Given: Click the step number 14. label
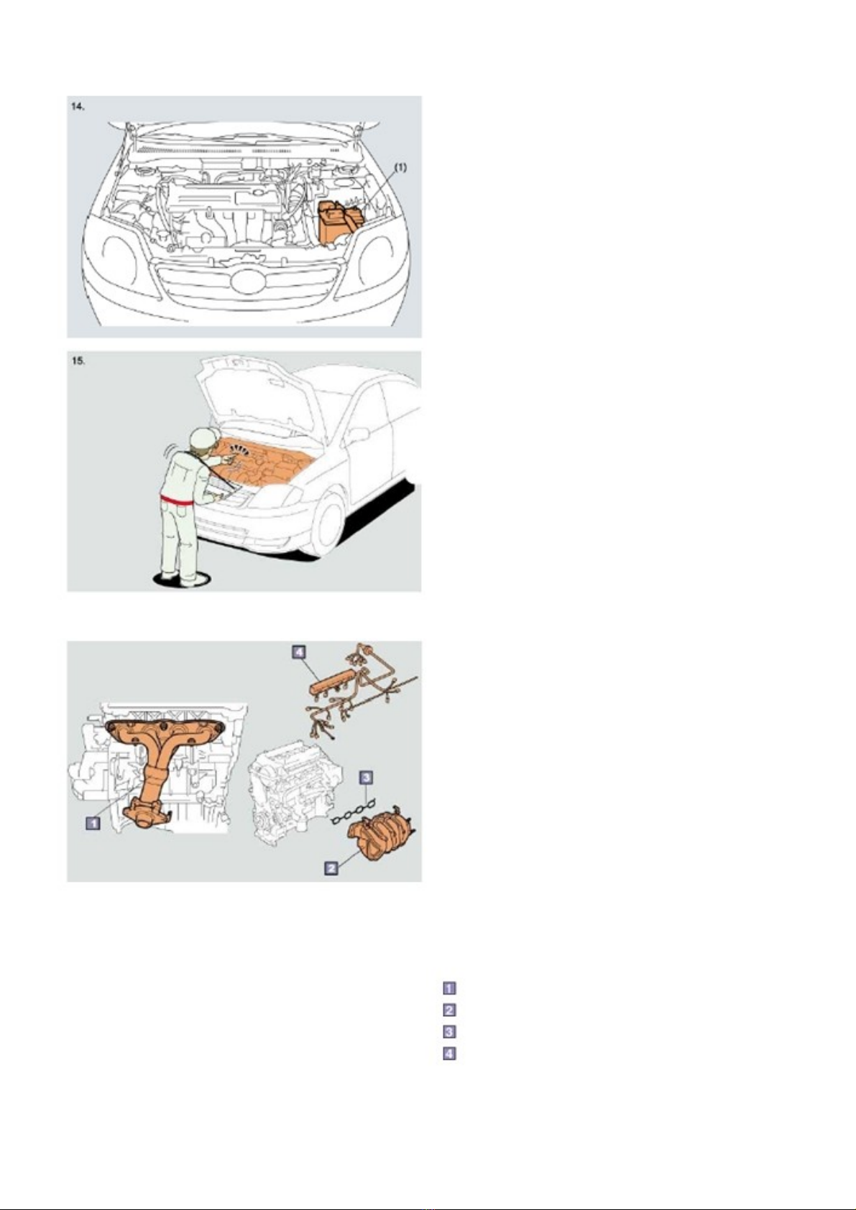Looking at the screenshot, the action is (x=78, y=106).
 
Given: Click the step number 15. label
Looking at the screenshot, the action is (x=78, y=360).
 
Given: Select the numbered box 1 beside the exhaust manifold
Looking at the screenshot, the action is (x=93, y=823).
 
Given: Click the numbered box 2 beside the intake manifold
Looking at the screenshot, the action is (x=331, y=868).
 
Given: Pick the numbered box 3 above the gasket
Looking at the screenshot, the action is (x=366, y=777).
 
